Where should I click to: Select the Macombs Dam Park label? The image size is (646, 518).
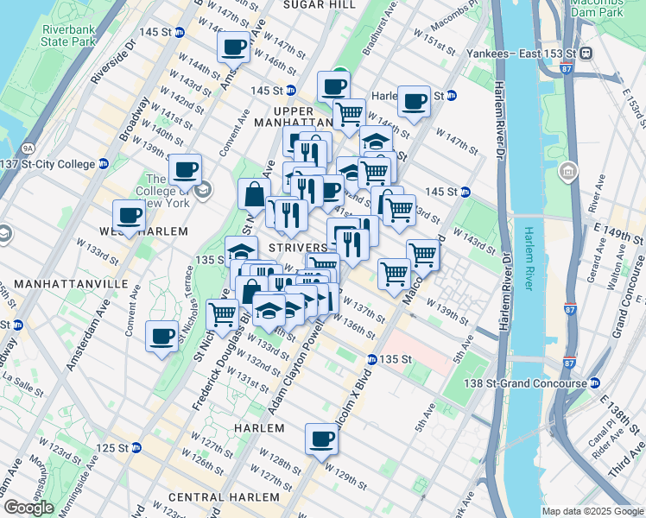pyautogui.click(x=596, y=8)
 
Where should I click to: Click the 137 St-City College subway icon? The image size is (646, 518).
pyautogui.click(x=104, y=164)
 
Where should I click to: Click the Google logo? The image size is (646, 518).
pyautogui.click(x=29, y=508)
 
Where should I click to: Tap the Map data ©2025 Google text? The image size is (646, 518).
pyautogui.click(x=592, y=511)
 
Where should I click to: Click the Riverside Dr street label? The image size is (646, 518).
pyautogui.click(x=113, y=63)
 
